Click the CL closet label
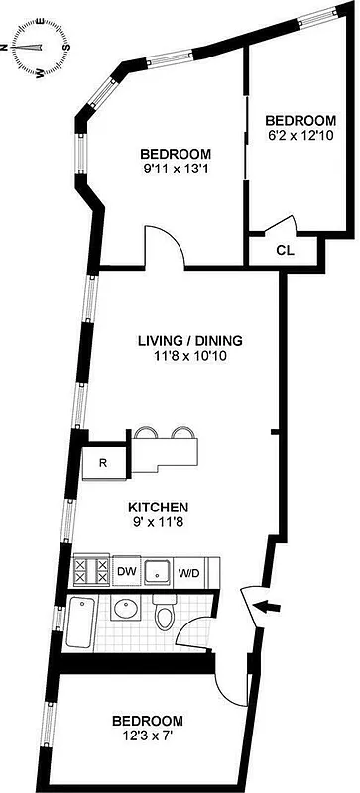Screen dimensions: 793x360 point(284,250)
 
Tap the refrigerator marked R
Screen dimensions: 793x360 point(102,461)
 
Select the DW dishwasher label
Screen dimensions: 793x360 point(126,572)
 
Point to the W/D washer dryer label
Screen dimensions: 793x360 point(188,572)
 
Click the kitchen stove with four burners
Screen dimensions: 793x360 point(91,572)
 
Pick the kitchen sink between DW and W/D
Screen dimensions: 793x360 point(157,572)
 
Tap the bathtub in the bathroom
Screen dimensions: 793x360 point(81,622)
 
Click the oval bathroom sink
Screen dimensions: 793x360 point(125,608)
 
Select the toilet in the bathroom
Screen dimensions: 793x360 point(165,617)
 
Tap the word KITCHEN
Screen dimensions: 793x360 point(159,508)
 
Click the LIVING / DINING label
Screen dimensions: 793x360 point(189,341)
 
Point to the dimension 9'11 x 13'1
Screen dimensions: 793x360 point(175,170)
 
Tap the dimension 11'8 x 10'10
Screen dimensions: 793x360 point(189,357)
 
